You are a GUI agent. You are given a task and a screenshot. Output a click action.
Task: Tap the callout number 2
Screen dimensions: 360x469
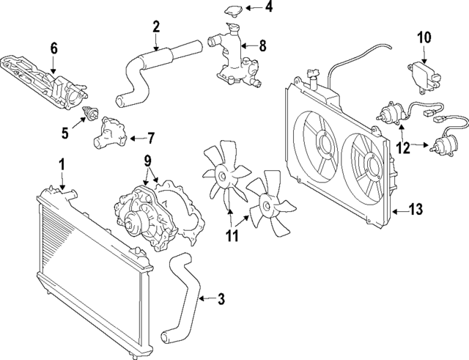coord(156,28)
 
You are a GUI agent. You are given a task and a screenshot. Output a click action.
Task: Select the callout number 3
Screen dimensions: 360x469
coord(221,298)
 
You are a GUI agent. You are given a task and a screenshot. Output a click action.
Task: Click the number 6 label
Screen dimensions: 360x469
coord(53,49)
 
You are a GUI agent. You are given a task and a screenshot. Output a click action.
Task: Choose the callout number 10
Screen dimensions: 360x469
coord(425,36)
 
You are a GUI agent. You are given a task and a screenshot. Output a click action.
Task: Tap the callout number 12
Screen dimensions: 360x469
coord(402,147)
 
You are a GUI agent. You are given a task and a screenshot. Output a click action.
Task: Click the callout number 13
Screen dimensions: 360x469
coord(416,210)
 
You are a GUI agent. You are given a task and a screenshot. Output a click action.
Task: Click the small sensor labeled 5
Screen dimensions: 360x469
coord(91,113)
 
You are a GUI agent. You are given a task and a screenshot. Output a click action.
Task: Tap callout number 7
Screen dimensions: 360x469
coord(151,136)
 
